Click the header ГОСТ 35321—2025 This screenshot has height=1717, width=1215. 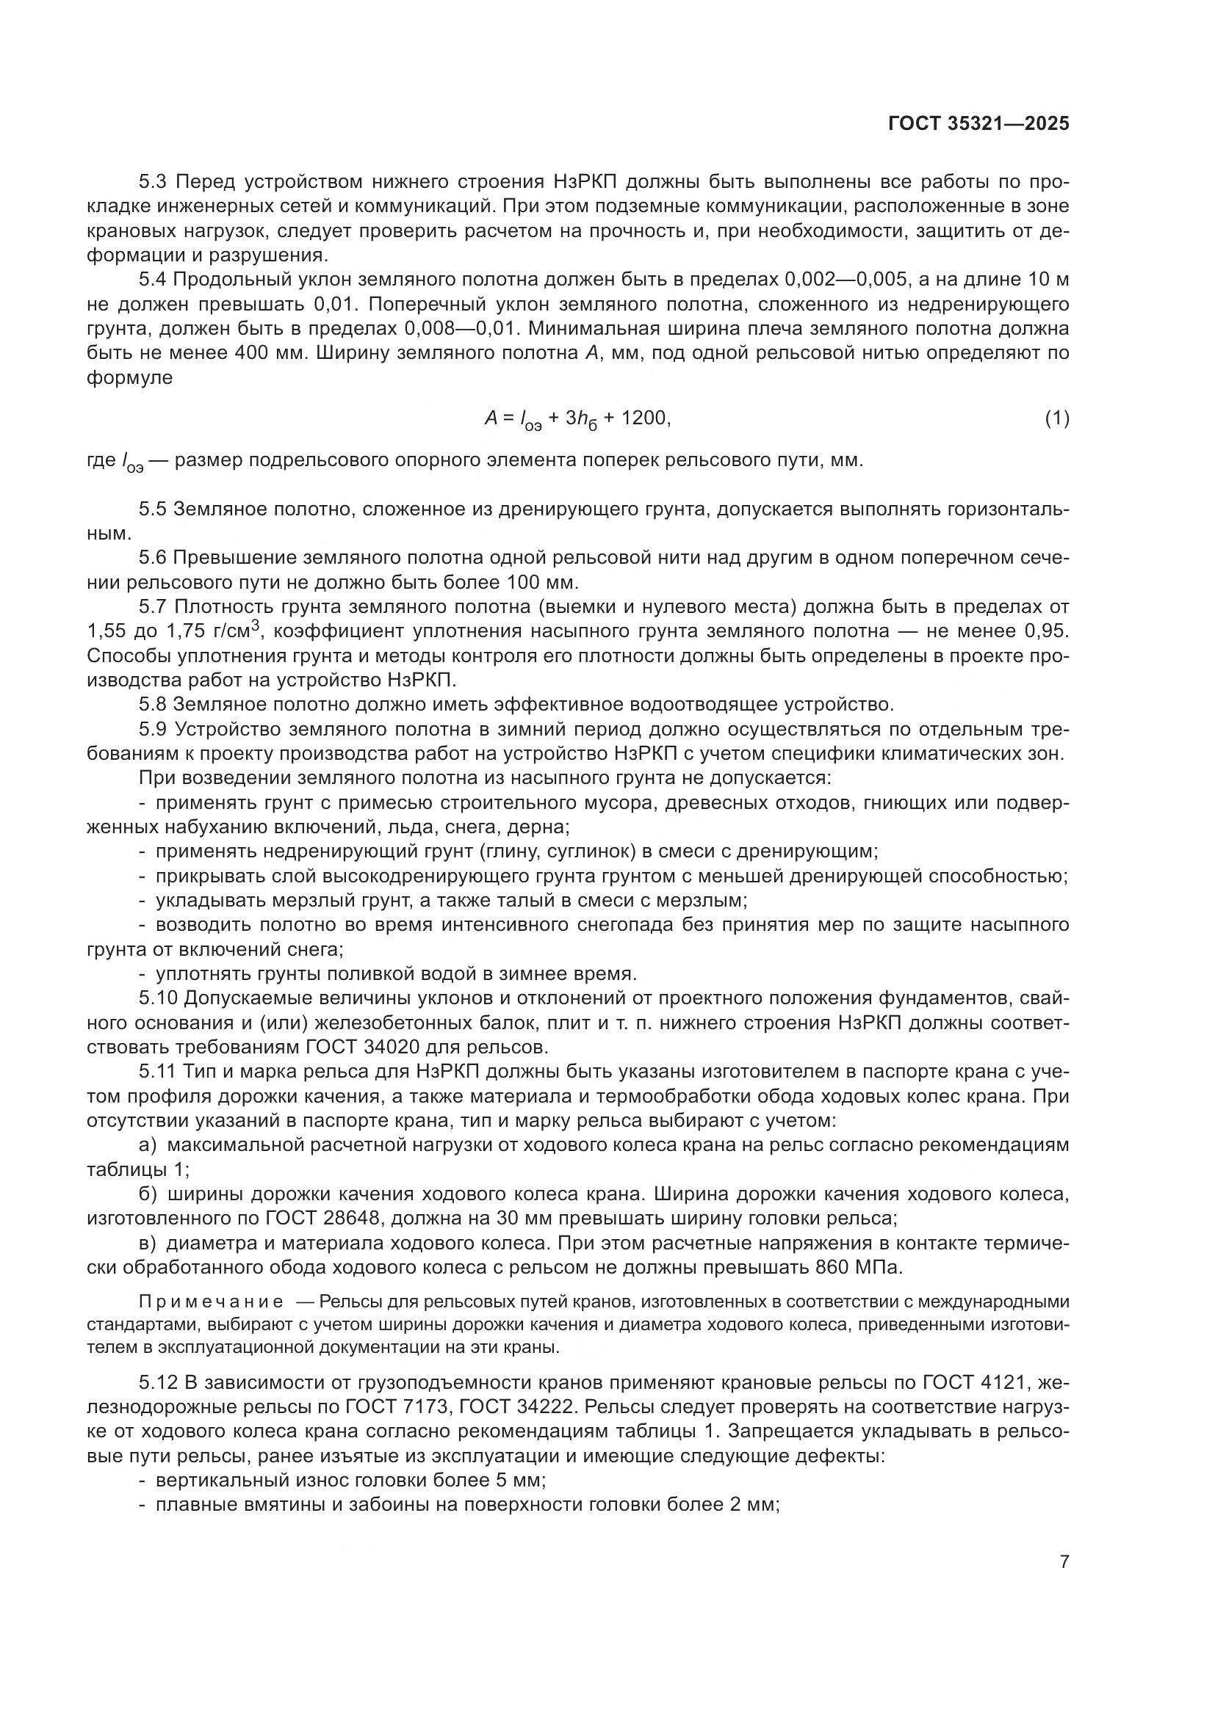tap(978, 124)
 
